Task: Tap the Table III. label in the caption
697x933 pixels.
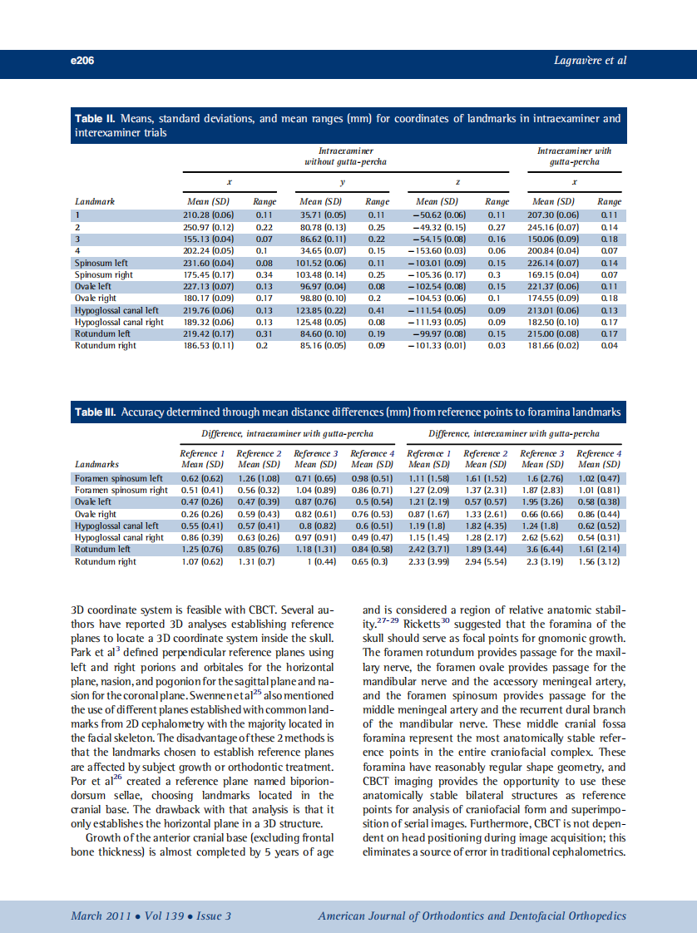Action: coord(96,412)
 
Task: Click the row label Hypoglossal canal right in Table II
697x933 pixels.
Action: coord(119,322)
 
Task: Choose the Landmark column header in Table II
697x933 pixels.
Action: coord(95,201)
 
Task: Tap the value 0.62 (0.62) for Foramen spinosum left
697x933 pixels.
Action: coord(201,479)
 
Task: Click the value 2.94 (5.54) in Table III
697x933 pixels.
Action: coord(485,561)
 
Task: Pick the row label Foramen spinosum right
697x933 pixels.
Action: coord(121,491)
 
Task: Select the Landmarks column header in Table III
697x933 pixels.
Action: coord(96,464)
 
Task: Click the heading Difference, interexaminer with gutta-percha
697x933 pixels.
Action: coord(513,433)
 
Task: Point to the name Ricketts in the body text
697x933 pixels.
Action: coord(425,624)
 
